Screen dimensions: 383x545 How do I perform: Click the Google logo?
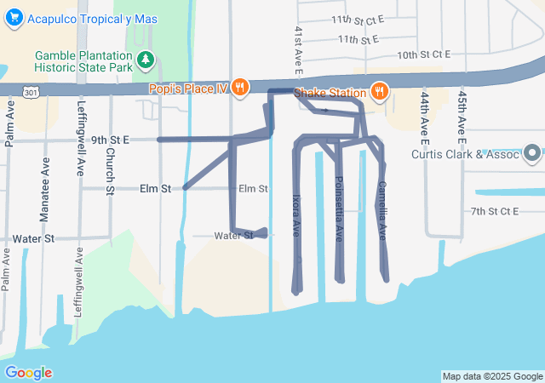[28, 373]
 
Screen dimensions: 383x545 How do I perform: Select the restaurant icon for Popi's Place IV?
[241, 88]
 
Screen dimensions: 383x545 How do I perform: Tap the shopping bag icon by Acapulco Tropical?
[14, 19]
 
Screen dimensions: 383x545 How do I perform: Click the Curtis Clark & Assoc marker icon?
[533, 154]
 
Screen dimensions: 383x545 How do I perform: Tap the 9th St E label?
[110, 140]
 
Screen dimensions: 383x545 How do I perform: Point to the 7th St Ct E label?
[494, 210]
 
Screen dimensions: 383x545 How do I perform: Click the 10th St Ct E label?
[422, 54]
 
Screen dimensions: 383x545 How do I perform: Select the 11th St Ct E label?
[358, 19]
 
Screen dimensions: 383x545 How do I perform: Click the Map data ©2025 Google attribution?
[492, 376]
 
